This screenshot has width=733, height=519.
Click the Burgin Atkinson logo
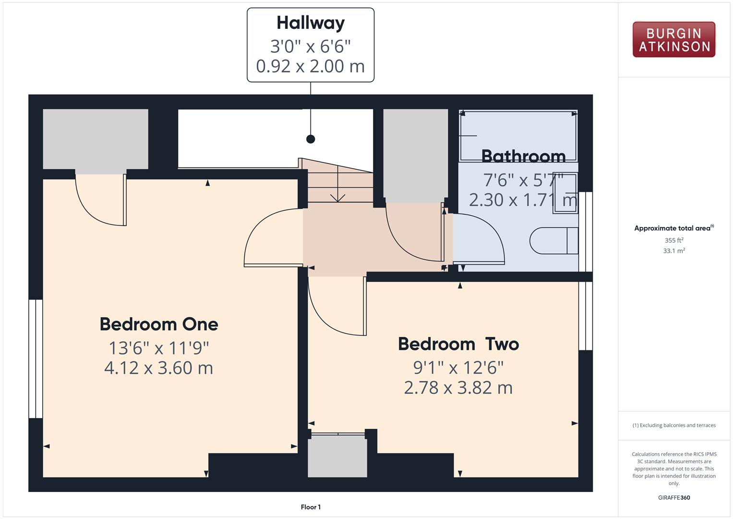tap(673, 39)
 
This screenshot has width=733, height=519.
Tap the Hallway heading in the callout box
tap(311, 23)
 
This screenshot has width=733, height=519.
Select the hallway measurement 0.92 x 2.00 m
tap(311, 66)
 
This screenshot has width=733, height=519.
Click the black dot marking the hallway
tap(311, 139)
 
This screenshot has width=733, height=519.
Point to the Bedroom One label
tap(159, 324)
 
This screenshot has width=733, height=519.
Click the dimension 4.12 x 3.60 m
tap(159, 368)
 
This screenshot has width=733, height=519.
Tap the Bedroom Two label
tap(458, 344)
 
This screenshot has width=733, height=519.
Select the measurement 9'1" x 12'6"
tap(458, 368)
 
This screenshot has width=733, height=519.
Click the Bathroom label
tap(523, 156)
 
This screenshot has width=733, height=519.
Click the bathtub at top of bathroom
tap(518, 136)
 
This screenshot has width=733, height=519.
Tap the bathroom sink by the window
tap(565, 193)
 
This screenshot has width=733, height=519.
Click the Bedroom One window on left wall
tap(36, 358)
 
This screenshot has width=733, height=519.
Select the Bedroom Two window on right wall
tap(586, 315)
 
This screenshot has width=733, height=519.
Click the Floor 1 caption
tap(311, 507)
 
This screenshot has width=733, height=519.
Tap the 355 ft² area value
tap(674, 240)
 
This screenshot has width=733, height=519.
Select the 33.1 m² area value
tap(674, 251)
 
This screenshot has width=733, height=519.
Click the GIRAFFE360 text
tap(674, 498)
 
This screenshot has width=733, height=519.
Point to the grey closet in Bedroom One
tap(96, 139)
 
